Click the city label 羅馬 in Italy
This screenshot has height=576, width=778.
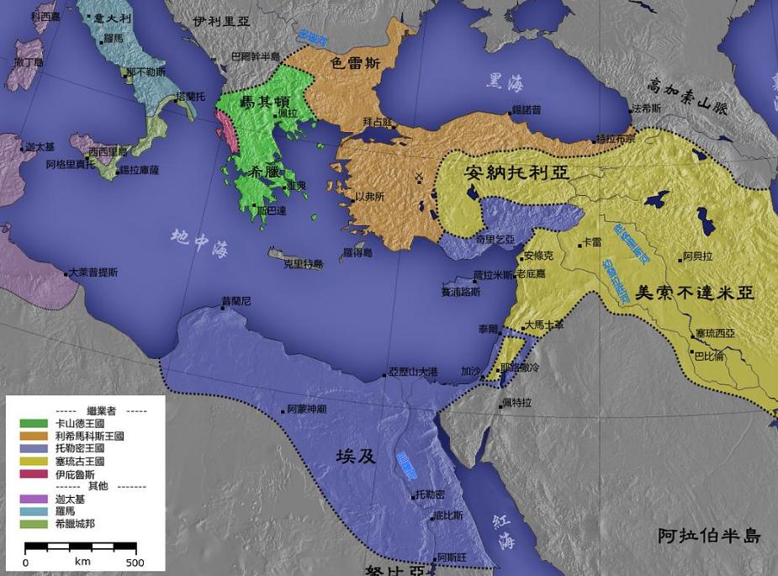click(x=114, y=40)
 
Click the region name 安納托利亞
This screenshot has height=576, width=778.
click(x=516, y=174)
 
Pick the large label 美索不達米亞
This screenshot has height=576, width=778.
click(x=694, y=293)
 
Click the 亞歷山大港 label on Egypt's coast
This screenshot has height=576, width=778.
click(x=413, y=371)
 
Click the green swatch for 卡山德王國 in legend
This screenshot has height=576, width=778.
click(x=33, y=423)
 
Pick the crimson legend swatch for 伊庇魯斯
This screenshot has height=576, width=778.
click(x=33, y=474)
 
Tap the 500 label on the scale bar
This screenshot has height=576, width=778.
click(x=135, y=563)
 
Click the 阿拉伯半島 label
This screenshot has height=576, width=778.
click(x=709, y=536)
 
